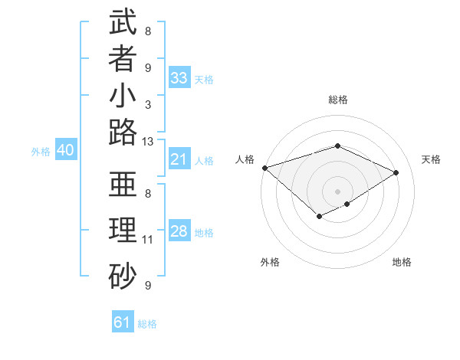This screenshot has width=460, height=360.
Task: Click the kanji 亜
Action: (x=123, y=184)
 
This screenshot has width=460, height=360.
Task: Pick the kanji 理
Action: (x=123, y=231)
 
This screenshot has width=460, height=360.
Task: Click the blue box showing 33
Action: (x=179, y=78)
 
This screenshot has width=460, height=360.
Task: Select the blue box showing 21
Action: (x=179, y=159)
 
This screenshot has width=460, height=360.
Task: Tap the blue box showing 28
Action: (x=179, y=231)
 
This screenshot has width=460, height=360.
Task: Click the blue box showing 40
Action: (x=65, y=151)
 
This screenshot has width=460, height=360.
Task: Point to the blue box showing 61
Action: (x=123, y=322)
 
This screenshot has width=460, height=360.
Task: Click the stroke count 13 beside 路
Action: (x=148, y=141)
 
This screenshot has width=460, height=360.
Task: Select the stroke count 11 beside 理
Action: (x=148, y=239)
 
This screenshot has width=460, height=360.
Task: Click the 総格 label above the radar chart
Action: (x=338, y=100)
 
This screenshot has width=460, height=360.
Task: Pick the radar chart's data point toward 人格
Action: (x=264, y=168)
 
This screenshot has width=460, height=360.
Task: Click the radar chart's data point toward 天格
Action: (x=396, y=172)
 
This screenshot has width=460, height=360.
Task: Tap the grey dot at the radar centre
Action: (x=338, y=191)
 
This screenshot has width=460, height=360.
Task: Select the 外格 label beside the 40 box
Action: (x=41, y=152)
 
